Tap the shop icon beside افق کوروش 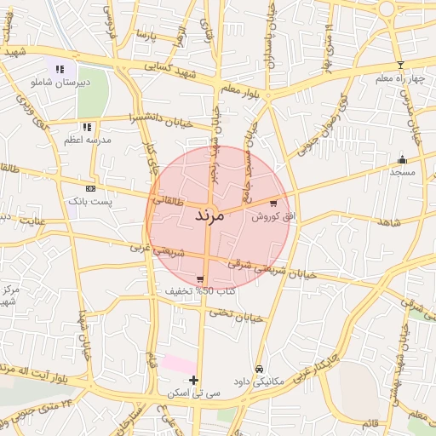point(272,204)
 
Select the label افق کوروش point(272,217)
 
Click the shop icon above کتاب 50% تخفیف point(200,279)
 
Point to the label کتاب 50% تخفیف point(200,291)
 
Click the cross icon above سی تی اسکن point(194,380)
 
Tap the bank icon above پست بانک point(90,187)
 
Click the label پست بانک point(90,201)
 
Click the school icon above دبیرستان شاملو point(60,70)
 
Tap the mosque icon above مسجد point(402,159)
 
